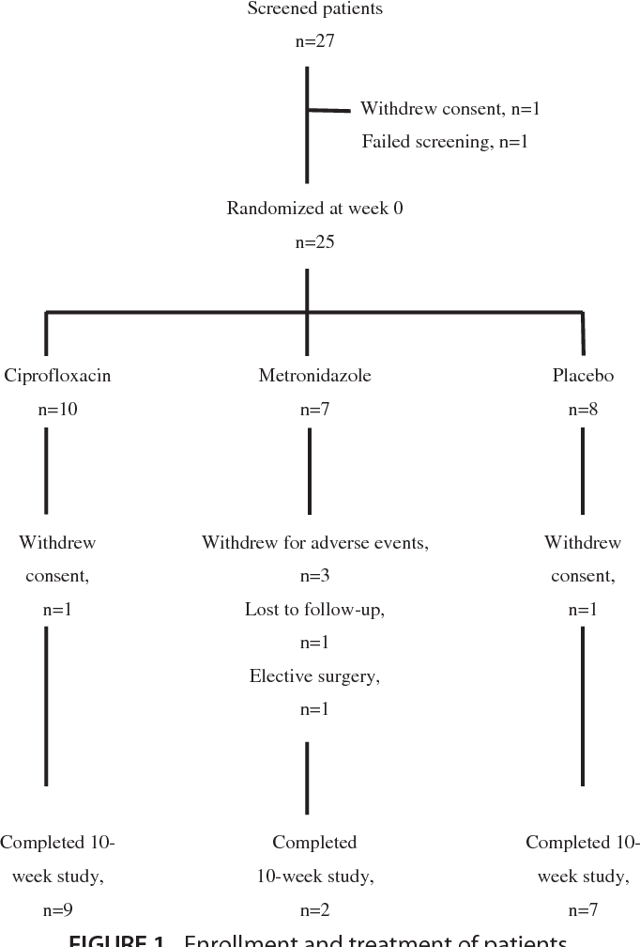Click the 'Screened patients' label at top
point(315,9)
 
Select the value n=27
point(315,42)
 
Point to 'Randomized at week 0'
point(315,209)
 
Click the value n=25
point(315,241)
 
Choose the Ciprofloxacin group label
point(57,376)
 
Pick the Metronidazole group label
point(315,376)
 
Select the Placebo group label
point(583,376)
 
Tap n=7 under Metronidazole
point(315,409)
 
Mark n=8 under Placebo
point(583,409)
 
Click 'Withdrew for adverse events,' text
point(315,543)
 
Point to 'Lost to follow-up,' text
point(315,609)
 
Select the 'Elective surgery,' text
point(315,675)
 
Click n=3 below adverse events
point(315,576)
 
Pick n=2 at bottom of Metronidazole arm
point(315,909)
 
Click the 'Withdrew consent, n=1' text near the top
point(450,109)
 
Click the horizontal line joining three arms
point(178,311)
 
